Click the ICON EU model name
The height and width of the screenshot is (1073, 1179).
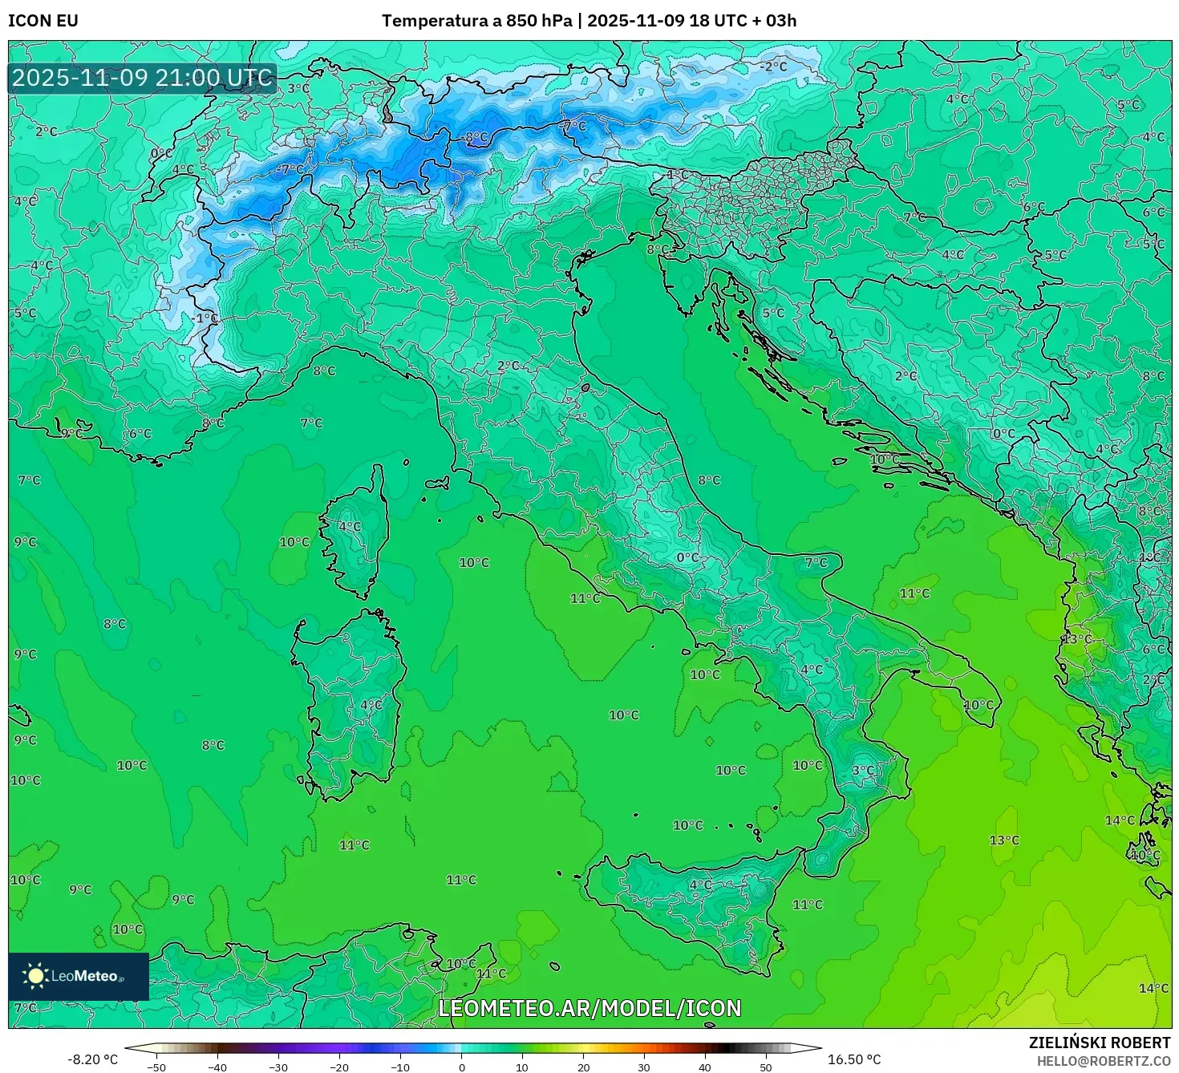click(43, 21)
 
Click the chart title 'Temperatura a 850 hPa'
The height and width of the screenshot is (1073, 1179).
click(477, 21)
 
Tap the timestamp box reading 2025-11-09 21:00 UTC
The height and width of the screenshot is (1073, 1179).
click(143, 78)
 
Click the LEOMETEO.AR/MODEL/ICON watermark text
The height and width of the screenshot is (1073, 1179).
click(589, 1008)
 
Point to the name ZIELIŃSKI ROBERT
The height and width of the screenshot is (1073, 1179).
click(1100, 1043)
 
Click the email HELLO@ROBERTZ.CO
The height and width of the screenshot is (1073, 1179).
click(1104, 1061)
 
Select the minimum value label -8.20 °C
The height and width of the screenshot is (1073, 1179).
click(92, 1059)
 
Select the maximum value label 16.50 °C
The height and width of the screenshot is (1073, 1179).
click(854, 1059)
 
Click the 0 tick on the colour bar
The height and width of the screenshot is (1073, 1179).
click(461, 1067)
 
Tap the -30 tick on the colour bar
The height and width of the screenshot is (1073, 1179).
click(278, 1067)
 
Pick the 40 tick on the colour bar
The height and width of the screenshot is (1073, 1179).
click(705, 1067)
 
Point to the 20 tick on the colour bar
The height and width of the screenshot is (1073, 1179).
click(583, 1067)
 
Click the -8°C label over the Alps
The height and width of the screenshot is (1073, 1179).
click(476, 138)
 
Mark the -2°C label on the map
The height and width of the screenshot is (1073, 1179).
click(774, 67)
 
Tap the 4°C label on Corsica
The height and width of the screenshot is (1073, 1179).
click(350, 527)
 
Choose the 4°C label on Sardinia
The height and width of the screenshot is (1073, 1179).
click(371, 705)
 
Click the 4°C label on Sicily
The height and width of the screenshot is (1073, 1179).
click(700, 885)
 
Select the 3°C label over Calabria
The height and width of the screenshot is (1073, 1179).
click(863, 771)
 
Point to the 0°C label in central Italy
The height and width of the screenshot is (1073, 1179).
click(687, 557)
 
